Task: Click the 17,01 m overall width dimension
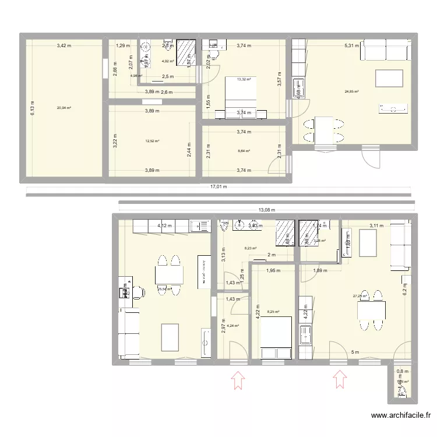218,187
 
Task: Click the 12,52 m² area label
152,141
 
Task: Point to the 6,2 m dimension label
404,287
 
